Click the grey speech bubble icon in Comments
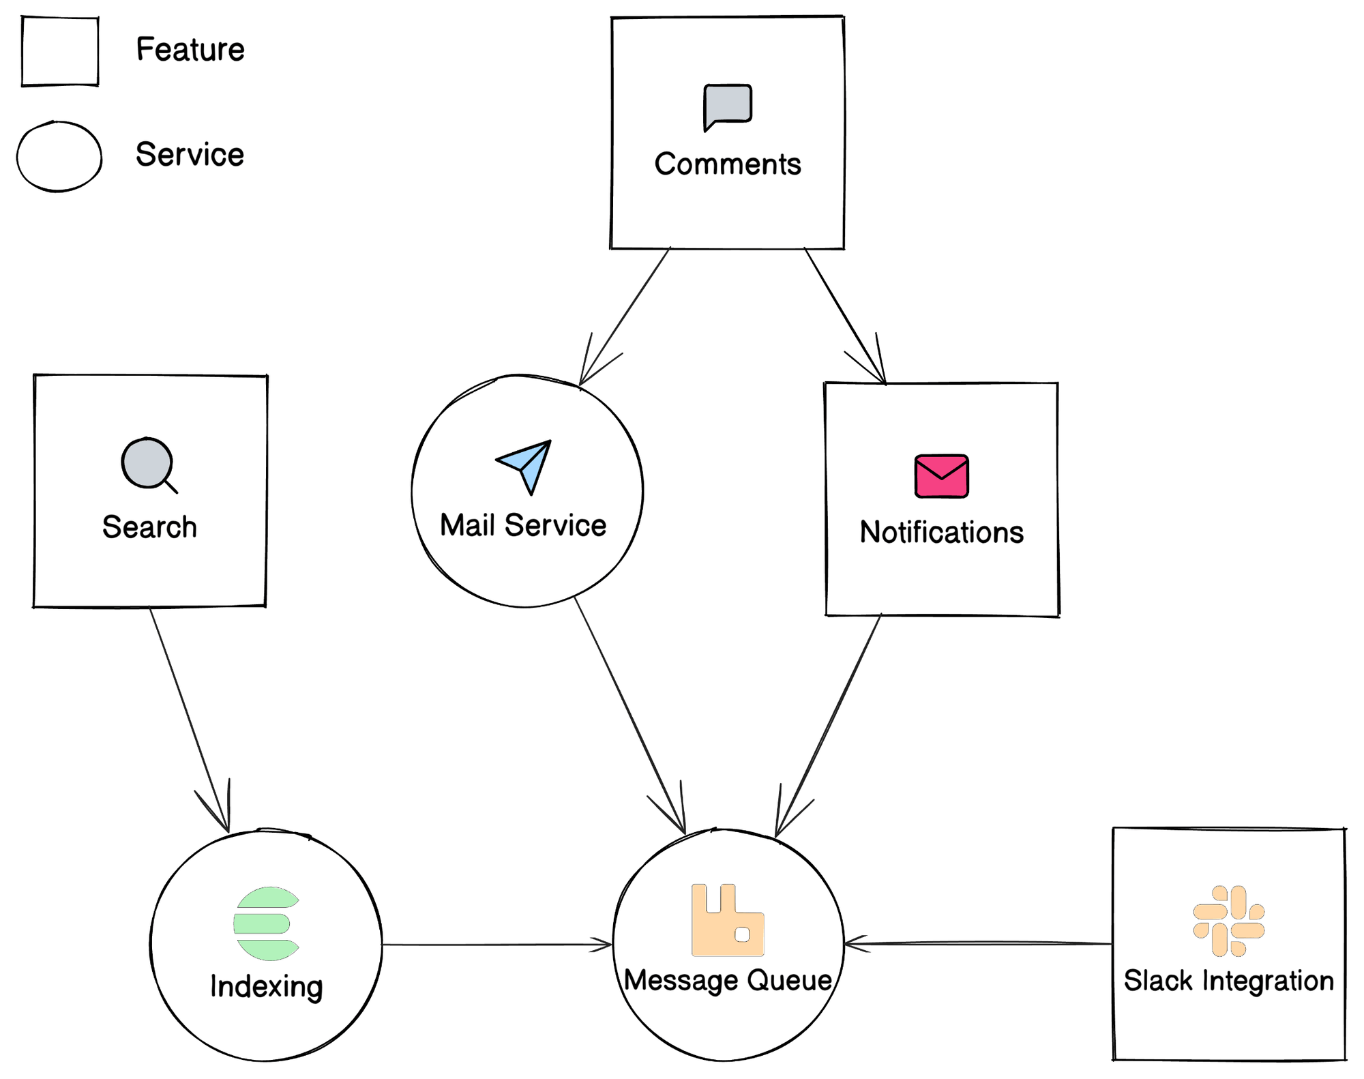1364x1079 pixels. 728,106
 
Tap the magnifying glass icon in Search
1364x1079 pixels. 147,464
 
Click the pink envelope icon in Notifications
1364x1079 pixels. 941,476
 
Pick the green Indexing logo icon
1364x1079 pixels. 266,923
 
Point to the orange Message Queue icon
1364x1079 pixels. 727,921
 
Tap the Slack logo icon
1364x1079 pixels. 1228,921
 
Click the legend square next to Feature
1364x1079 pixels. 60,51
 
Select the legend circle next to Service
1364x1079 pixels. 59,157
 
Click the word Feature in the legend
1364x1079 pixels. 190,50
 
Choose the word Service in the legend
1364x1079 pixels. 190,155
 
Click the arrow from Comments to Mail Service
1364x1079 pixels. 625,316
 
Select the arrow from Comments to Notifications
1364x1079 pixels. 844,315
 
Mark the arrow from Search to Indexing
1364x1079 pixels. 190,720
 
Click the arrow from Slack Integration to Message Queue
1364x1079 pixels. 979,944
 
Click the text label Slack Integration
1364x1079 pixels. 1228,981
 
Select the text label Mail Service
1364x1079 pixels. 523,526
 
